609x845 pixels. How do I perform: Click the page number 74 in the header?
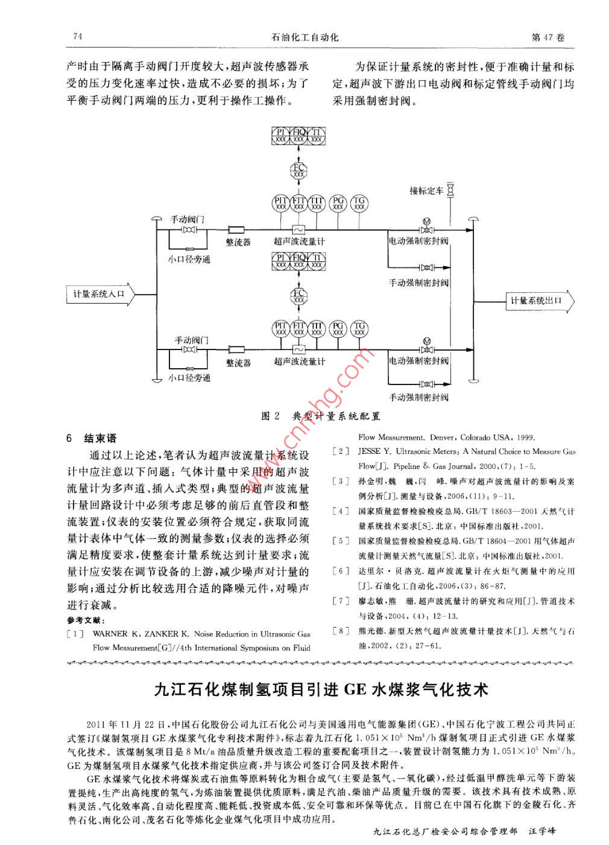point(77,37)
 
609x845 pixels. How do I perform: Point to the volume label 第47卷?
point(549,37)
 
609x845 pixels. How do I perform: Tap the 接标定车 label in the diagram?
point(426,191)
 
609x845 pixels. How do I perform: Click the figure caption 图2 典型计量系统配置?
point(320,416)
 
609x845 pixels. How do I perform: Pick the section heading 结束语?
point(100,438)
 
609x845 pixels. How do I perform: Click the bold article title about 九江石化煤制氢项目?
point(320,689)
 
